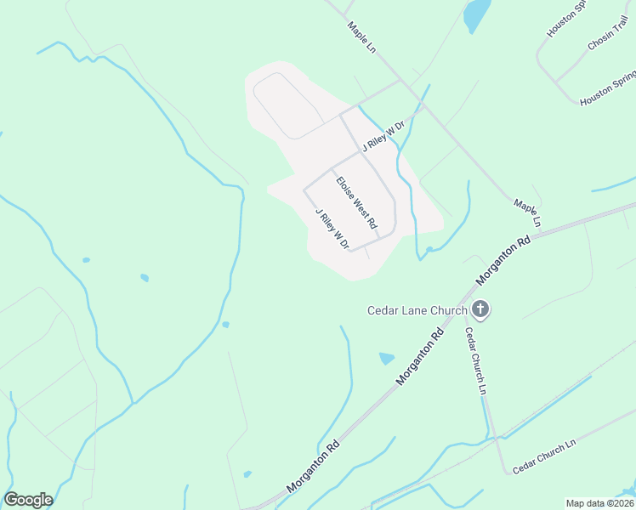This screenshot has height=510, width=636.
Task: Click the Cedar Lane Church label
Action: tap(417, 310)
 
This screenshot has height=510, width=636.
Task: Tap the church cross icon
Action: tap(480, 309)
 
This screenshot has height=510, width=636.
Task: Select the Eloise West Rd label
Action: tap(355, 202)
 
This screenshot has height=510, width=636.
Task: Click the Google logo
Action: tap(28, 500)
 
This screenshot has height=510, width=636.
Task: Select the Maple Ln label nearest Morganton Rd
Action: tap(526, 213)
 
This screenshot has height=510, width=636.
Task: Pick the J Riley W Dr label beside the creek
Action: tap(383, 135)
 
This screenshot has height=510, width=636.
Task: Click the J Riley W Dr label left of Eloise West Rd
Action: tap(332, 229)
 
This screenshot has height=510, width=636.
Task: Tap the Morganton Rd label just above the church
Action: tap(503, 259)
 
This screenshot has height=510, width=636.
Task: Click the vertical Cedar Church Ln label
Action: tap(475, 361)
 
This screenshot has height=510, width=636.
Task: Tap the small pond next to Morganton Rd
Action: tap(387, 358)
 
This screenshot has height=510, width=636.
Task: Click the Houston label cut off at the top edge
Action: tap(567, 18)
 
